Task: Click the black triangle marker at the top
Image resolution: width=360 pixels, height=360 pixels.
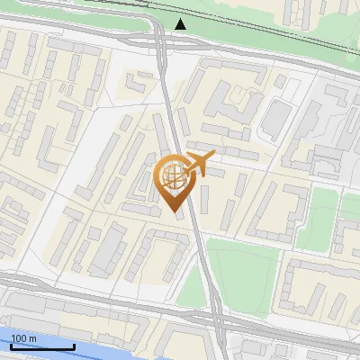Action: point(182,23)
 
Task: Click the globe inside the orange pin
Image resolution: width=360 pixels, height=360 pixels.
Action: point(173,176)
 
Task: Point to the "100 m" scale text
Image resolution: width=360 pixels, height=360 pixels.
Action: point(24,337)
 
